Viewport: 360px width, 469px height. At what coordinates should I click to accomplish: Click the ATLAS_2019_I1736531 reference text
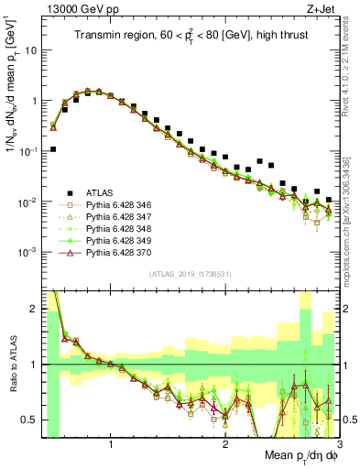191,275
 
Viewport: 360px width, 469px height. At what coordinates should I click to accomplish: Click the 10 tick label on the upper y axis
30,50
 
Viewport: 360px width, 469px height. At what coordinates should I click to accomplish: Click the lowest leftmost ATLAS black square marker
53,148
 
